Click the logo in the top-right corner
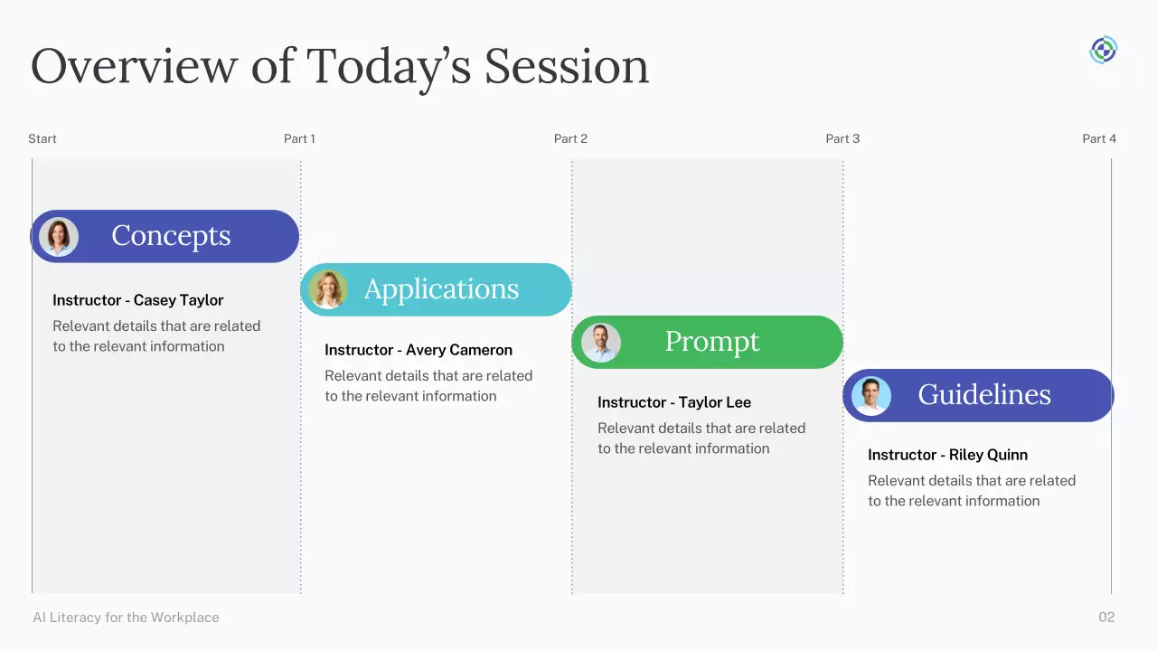point(1104,50)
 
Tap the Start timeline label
point(42,138)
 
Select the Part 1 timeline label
point(299,138)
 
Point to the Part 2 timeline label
point(570,138)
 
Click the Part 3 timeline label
point(842,138)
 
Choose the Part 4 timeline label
point(1099,138)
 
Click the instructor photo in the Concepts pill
point(59,237)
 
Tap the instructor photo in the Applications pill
point(328,290)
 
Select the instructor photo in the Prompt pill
point(601,342)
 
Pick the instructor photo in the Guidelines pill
point(871,396)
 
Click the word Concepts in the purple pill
point(171,236)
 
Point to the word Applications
point(441,289)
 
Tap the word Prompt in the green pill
point(712,342)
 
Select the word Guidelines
point(984,395)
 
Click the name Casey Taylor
point(179,300)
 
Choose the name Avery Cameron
point(459,350)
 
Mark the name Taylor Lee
point(715,402)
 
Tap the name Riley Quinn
point(988,455)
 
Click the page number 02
point(1106,617)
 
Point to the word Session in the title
point(567,67)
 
